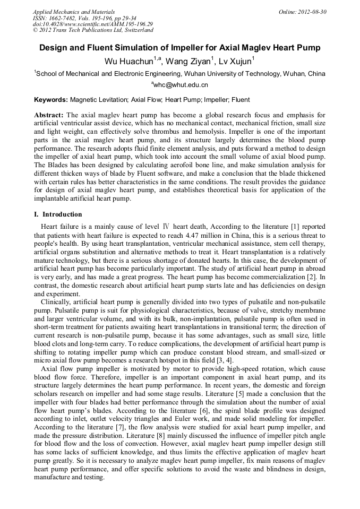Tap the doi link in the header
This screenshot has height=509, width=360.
pos(93,24)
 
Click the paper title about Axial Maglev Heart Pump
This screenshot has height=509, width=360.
pos(180,48)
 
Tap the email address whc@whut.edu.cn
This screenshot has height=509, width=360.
pos(181,85)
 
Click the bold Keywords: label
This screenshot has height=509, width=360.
pos(51,100)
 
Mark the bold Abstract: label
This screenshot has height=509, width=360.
pos(49,115)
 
